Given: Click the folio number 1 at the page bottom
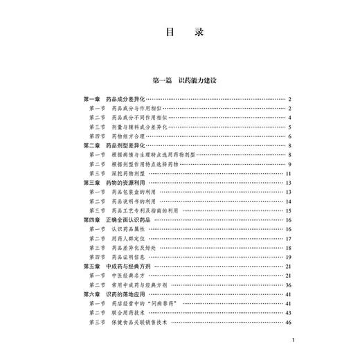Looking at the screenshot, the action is [294, 341].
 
